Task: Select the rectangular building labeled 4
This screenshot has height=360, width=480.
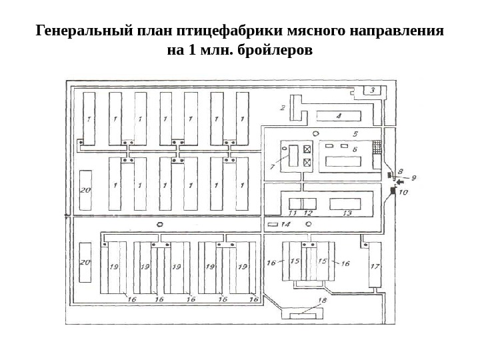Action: pyautogui.click(x=338, y=116)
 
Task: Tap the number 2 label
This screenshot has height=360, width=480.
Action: pyautogui.click(x=283, y=107)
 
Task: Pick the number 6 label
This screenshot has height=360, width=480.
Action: pyautogui.click(x=354, y=149)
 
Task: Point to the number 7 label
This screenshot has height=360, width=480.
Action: pyautogui.click(x=272, y=167)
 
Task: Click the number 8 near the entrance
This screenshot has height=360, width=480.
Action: pyautogui.click(x=400, y=171)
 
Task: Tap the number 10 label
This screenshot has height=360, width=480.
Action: pyautogui.click(x=403, y=192)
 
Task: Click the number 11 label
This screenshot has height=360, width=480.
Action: pyautogui.click(x=292, y=213)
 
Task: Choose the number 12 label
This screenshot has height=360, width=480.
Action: pyautogui.click(x=307, y=213)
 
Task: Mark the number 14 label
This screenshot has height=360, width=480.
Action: pyautogui.click(x=285, y=225)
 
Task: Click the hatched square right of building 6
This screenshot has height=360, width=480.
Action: pyautogui.click(x=378, y=146)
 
